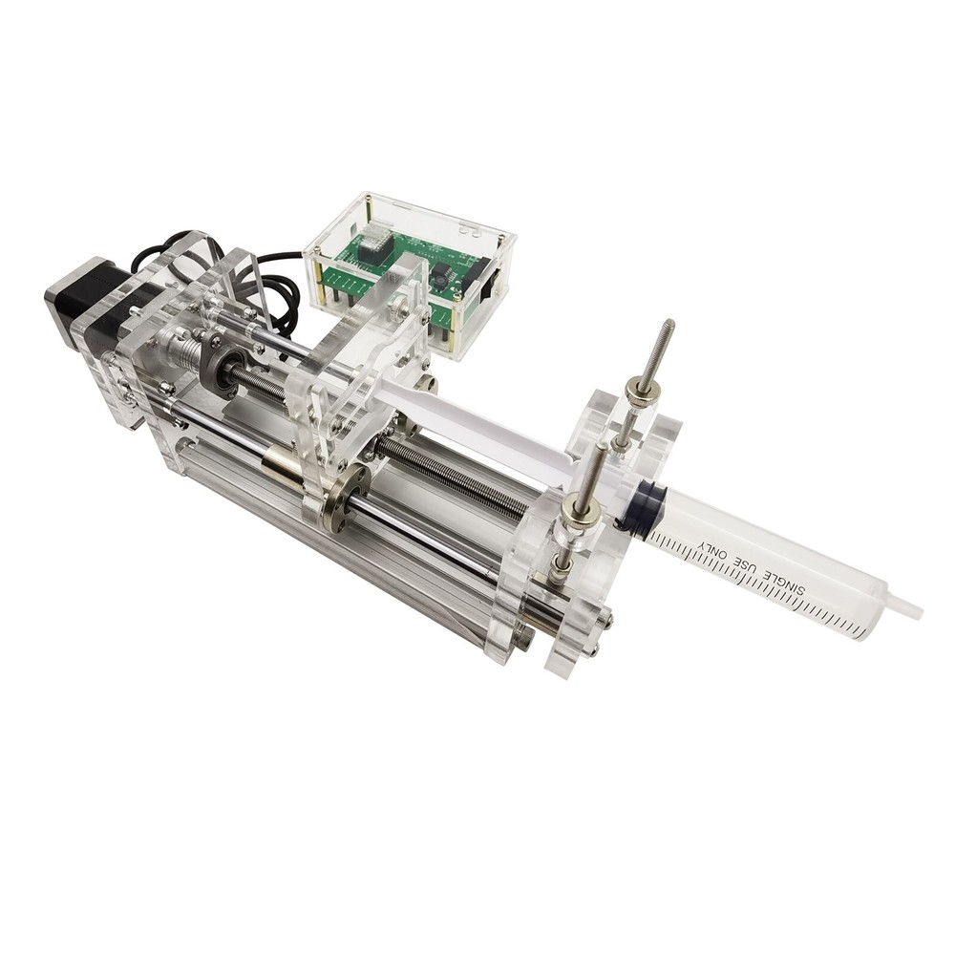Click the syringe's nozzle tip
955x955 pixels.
912,608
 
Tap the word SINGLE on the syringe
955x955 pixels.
787,587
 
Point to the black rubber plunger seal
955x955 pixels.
629,503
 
